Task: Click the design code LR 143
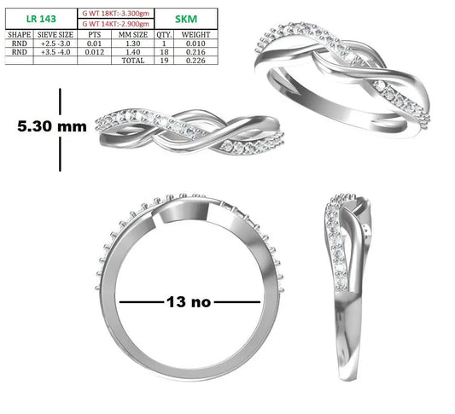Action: [41, 19]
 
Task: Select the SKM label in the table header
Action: [186, 19]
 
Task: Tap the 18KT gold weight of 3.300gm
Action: [116, 14]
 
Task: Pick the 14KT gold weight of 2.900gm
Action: [116, 24]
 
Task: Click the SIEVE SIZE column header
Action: [55, 35]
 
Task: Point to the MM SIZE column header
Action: [133, 35]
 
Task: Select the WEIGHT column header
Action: [195, 35]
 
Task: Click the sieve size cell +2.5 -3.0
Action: [55, 44]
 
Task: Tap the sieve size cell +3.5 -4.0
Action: [55, 52]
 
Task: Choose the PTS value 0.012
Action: [95, 52]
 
